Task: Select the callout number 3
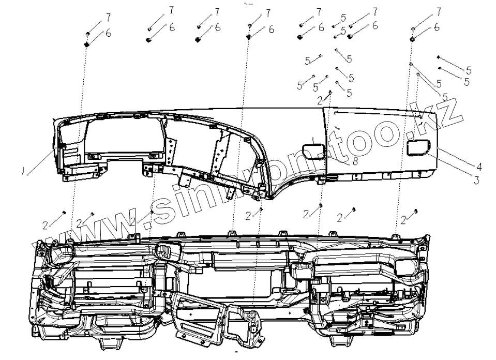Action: (x=476, y=181)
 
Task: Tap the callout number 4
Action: (x=479, y=167)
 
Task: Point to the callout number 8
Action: (x=355, y=161)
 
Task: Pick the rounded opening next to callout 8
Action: (x=313, y=151)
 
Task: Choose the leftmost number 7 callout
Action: (x=108, y=18)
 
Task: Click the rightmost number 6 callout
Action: (x=437, y=27)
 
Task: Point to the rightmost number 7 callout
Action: (x=439, y=11)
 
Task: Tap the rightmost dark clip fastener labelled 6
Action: (x=413, y=39)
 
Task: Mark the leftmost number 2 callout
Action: (x=46, y=225)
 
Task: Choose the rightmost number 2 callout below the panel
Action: (x=403, y=220)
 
